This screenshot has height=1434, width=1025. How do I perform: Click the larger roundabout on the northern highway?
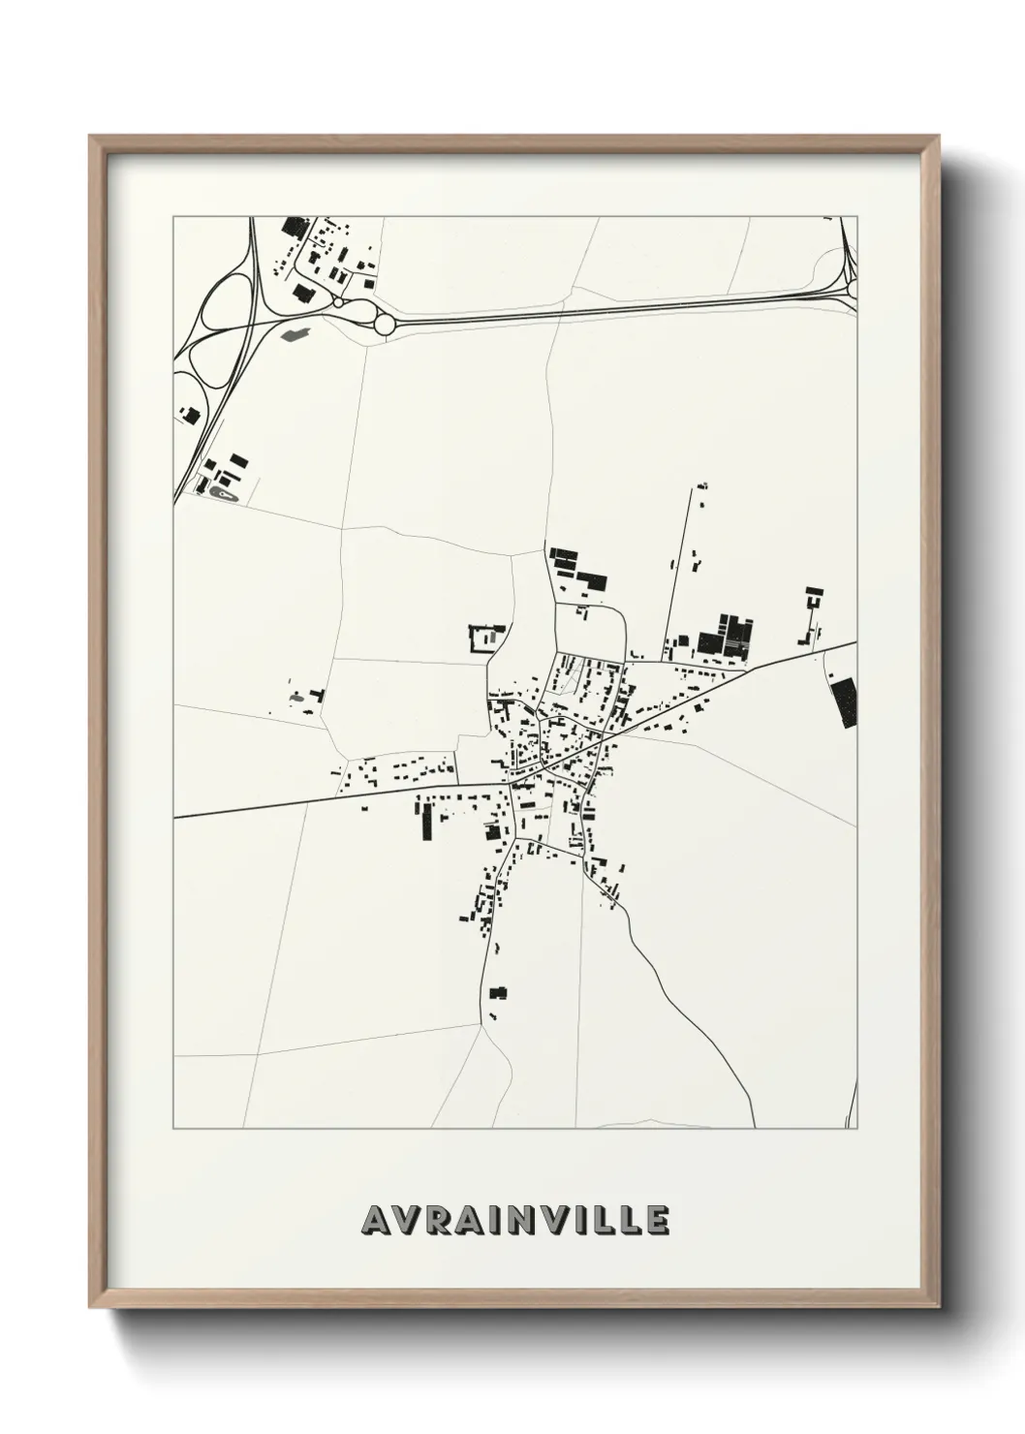[384, 324]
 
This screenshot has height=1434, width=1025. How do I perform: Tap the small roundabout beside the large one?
[338, 301]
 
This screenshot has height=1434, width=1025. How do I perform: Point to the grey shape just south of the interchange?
[293, 335]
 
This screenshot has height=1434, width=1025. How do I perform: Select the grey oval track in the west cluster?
[224, 495]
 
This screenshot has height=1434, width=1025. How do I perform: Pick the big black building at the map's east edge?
[844, 701]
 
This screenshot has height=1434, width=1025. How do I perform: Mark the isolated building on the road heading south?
[499, 992]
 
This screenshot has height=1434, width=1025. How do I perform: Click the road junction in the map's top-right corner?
[850, 281]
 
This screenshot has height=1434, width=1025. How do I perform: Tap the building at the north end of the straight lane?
[703, 485]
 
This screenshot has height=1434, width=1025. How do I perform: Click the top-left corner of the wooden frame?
[90, 137]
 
